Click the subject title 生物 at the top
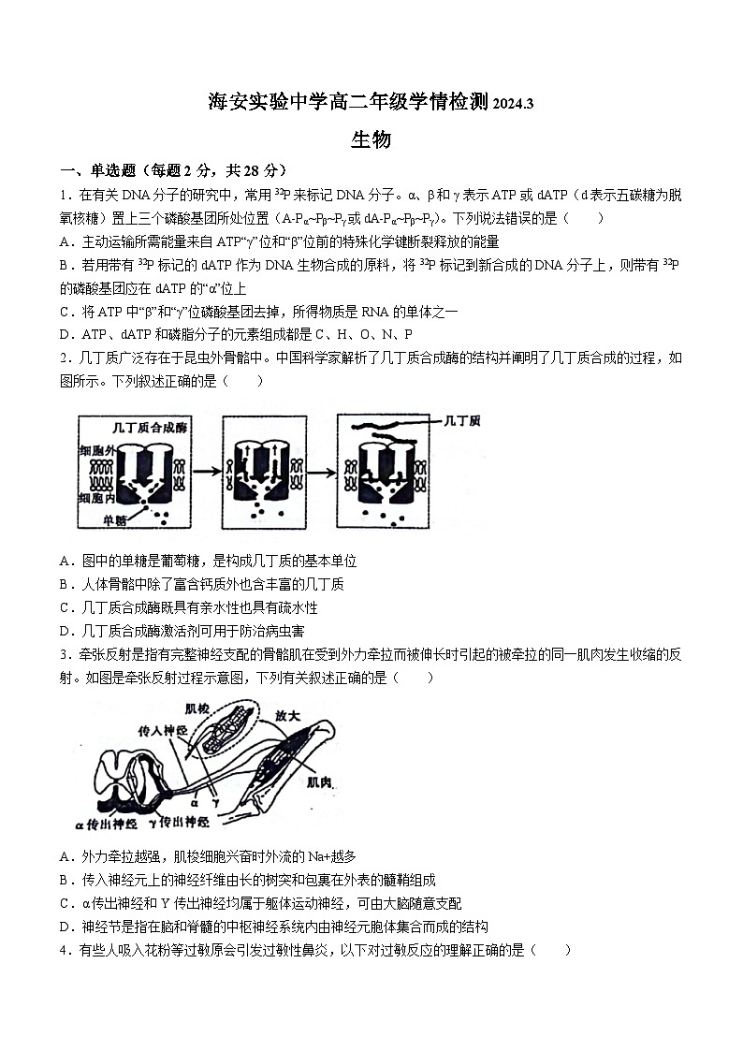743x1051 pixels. click(371, 140)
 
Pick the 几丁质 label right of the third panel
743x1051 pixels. click(462, 421)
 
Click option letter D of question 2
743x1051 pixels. click(66, 631)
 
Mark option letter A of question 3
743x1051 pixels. click(66, 856)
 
